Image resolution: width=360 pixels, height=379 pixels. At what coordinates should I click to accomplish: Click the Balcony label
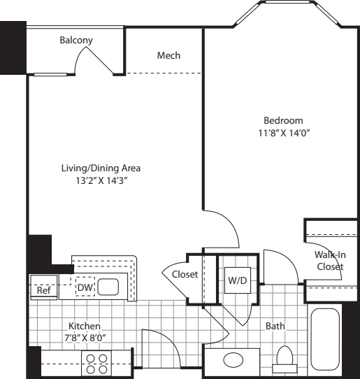point(76,40)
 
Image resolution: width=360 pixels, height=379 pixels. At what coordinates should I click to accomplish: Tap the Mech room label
point(168,55)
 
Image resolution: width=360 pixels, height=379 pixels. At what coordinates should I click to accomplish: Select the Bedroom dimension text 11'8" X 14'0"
point(284,133)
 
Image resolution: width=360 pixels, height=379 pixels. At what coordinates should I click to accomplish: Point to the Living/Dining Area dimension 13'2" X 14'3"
point(101,180)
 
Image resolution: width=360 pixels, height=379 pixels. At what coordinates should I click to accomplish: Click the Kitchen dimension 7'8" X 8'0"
point(85,338)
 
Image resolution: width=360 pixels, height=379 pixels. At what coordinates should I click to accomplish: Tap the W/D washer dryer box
point(238,280)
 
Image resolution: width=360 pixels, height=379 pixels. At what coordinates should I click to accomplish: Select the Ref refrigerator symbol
point(43,287)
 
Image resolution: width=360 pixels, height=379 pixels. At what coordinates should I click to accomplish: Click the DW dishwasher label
point(85,287)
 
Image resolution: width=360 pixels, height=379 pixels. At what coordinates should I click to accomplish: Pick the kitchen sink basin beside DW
point(108,287)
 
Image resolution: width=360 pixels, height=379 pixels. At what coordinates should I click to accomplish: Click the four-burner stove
point(96,364)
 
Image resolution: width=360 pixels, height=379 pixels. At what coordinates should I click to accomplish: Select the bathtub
point(325,339)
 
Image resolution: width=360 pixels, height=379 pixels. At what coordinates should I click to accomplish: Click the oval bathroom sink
point(233,360)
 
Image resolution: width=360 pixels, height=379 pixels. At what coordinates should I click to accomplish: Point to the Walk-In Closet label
point(330,261)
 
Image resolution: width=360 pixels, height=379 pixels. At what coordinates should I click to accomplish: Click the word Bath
point(275,326)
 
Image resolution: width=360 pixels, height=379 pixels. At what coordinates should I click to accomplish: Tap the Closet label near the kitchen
point(185,274)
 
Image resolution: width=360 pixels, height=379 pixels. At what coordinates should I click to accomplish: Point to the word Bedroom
point(283,120)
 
